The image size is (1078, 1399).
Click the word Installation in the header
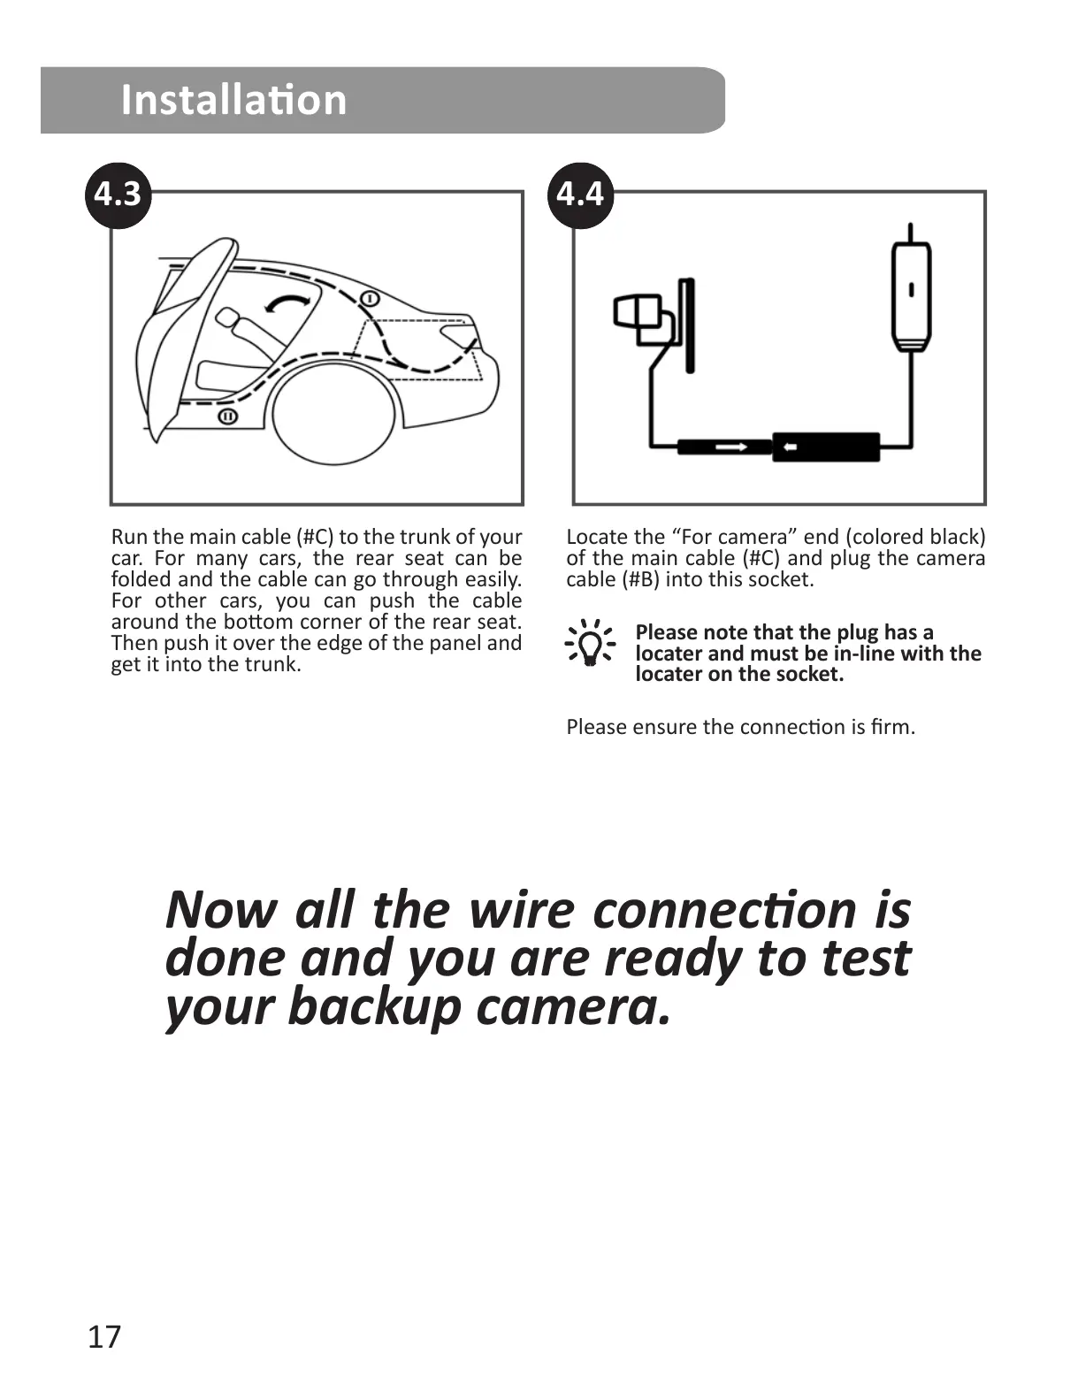click(x=233, y=99)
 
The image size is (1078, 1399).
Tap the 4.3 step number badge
click(x=118, y=194)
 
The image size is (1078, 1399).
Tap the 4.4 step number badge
click(x=581, y=194)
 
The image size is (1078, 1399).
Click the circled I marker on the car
click(x=370, y=297)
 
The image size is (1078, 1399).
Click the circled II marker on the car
click(x=227, y=416)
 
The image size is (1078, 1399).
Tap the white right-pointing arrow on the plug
click(x=730, y=447)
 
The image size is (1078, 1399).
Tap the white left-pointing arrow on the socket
click(x=789, y=447)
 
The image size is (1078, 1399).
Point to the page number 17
click(x=103, y=1337)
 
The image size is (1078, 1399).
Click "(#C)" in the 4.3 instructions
click(x=315, y=537)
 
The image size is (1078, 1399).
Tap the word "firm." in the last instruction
click(x=892, y=727)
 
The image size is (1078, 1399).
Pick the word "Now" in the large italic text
click(x=220, y=909)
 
